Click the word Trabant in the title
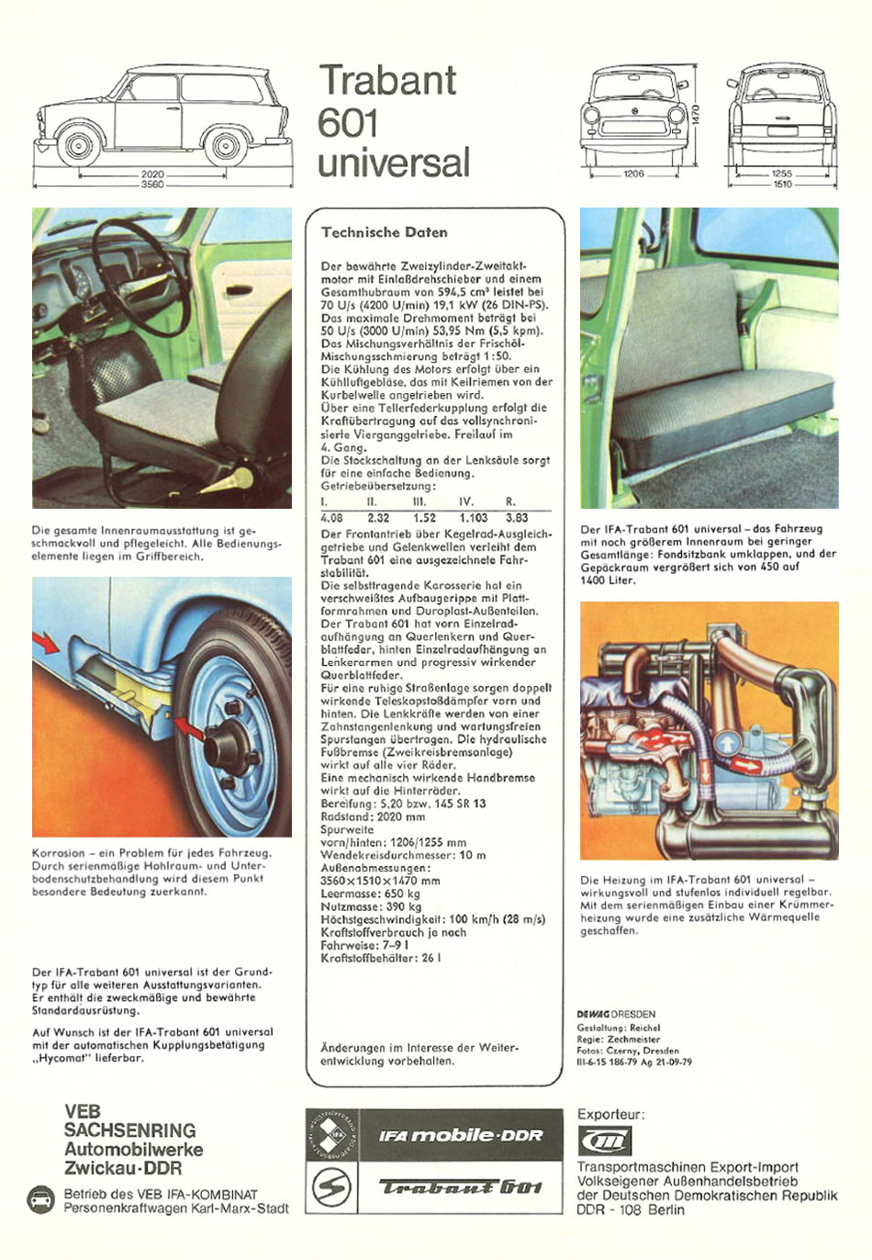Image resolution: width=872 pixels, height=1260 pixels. tap(387, 80)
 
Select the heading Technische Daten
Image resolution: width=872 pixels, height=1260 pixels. tap(385, 232)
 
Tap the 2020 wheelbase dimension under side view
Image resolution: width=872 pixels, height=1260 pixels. tap(152, 174)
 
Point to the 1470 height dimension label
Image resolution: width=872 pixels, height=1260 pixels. tap(696, 115)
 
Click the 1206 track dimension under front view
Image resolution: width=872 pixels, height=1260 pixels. tap(633, 174)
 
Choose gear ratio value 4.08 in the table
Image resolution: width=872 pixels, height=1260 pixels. tap(331, 518)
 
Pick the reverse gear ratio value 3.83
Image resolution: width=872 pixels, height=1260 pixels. tap(517, 518)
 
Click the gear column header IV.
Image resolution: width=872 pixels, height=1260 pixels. tap(466, 502)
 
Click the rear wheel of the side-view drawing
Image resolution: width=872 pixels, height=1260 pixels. tap(226, 146)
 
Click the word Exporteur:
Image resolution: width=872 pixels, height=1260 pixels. tap(610, 1115)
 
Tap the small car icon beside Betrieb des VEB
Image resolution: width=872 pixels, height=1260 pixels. tap(41, 1199)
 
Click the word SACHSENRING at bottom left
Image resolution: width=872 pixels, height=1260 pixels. tap(129, 1131)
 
